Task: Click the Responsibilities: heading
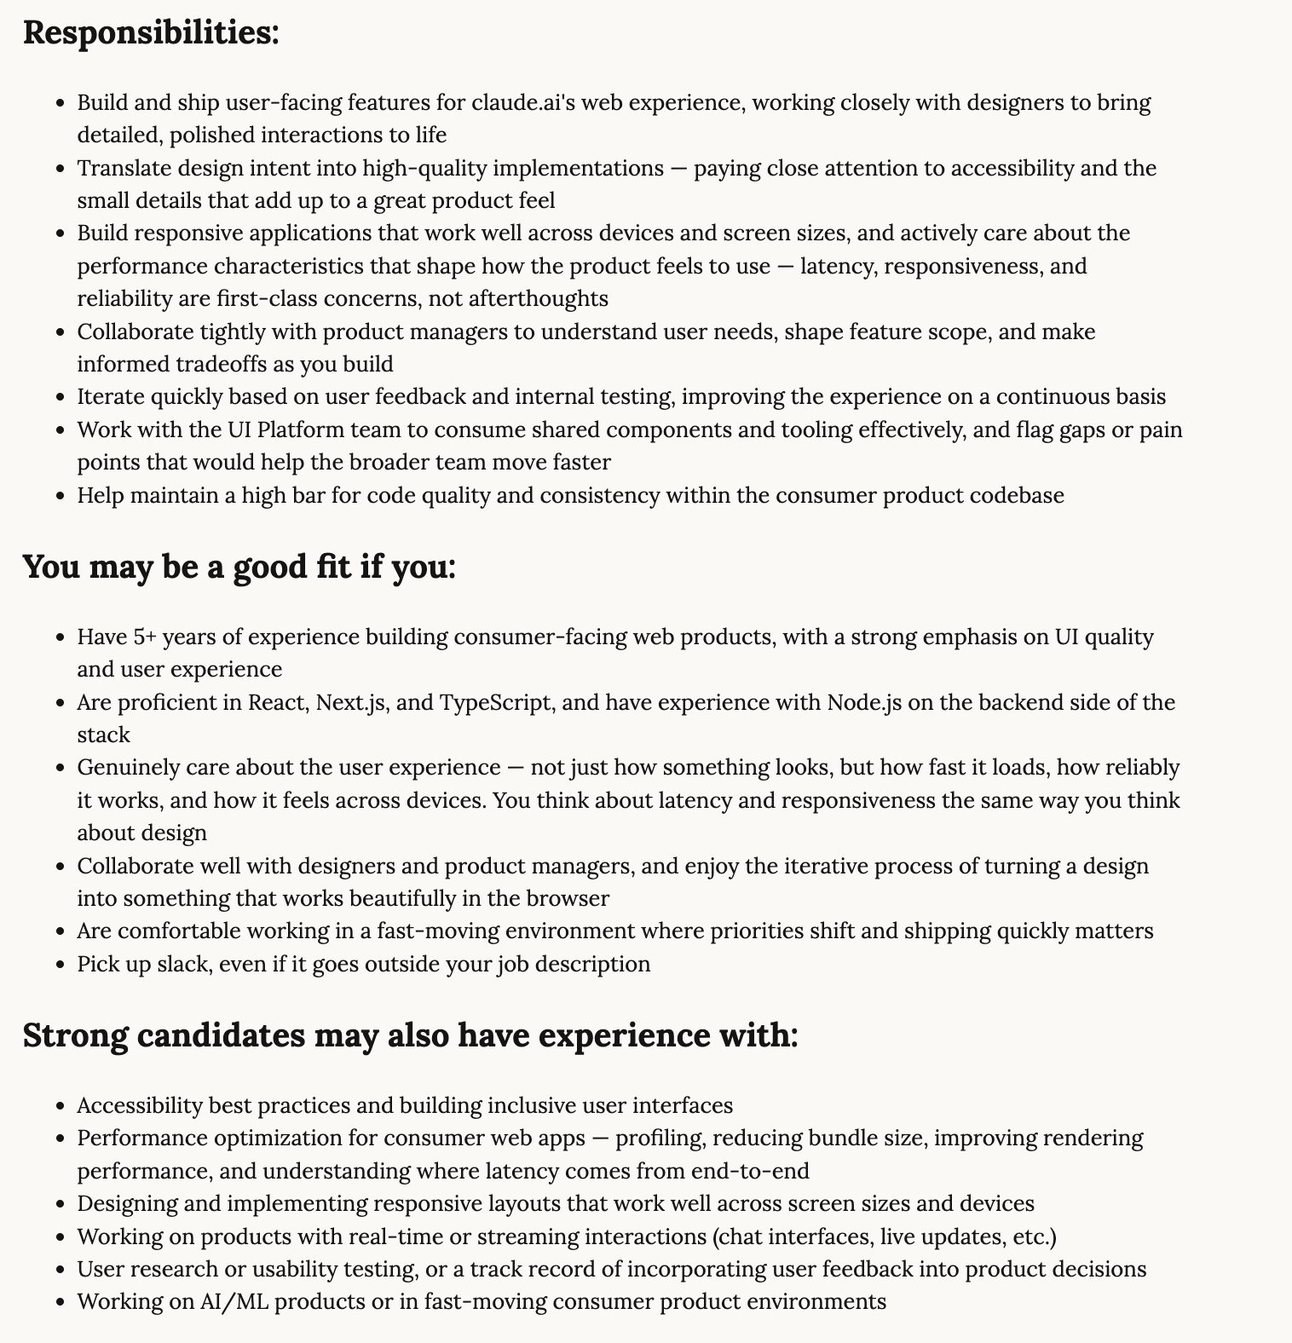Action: point(151,32)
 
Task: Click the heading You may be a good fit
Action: point(239,566)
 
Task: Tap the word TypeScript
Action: point(495,702)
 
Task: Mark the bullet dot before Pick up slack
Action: point(60,965)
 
